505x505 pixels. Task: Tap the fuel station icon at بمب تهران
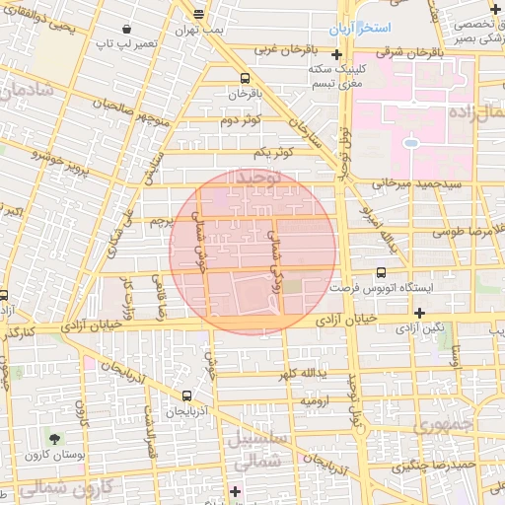point(200,14)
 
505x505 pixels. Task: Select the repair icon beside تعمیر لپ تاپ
point(132,29)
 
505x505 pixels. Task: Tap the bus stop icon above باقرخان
point(244,80)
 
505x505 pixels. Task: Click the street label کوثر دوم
point(241,120)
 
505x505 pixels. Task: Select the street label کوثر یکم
point(274,154)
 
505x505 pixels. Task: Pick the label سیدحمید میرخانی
point(403,183)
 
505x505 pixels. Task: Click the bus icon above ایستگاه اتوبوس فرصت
point(382,275)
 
